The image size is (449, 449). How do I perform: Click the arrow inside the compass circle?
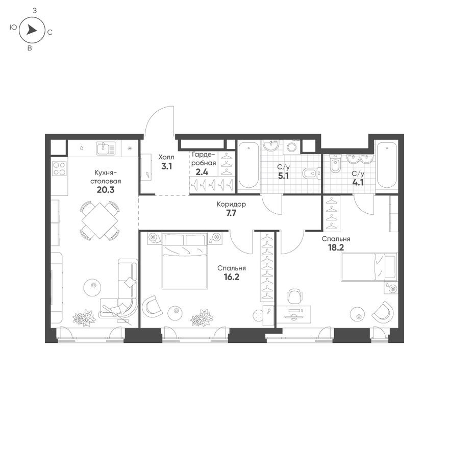click(31, 31)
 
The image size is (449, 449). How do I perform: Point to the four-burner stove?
click(59, 168)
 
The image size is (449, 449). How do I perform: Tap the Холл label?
click(166, 157)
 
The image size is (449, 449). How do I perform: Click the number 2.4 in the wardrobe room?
click(202, 172)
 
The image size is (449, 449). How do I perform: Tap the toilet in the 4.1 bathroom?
click(335, 165)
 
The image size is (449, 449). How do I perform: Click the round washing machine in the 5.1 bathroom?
click(291, 147)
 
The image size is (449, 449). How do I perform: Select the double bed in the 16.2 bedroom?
click(184, 260)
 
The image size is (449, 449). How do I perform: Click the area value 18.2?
click(335, 248)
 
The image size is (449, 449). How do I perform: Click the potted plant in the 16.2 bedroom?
click(202, 318)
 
